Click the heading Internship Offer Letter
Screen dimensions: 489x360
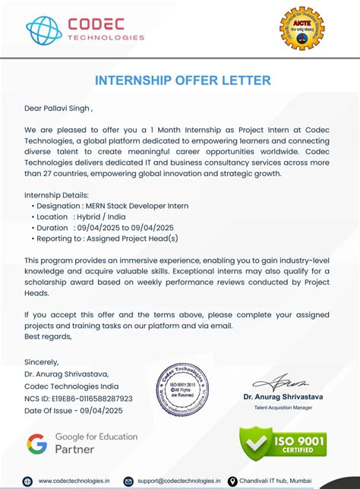[x=182, y=80]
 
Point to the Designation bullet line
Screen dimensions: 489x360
[x=110, y=206]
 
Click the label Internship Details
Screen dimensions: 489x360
[x=56, y=194]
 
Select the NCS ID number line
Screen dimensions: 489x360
[x=78, y=398]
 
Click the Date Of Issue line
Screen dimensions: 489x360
[x=73, y=410]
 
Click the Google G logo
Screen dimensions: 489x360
[x=37, y=443]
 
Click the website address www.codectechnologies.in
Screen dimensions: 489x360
[x=74, y=481]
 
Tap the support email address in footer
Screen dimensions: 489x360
[x=178, y=481]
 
